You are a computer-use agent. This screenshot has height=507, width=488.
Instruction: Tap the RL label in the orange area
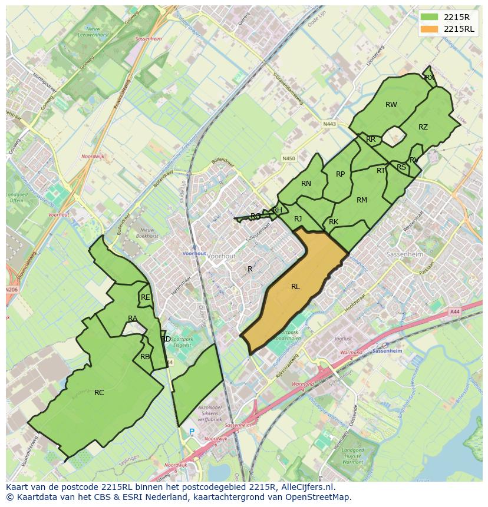(295, 287)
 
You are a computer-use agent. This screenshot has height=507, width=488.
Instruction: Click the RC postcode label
(99, 392)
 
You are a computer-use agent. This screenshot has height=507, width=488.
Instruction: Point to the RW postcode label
(391, 105)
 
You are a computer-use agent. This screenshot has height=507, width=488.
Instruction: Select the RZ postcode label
(423, 127)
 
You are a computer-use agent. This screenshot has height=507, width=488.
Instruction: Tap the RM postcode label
(362, 200)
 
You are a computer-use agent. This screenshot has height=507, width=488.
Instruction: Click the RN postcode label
(306, 184)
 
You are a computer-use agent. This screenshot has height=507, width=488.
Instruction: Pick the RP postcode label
(340, 174)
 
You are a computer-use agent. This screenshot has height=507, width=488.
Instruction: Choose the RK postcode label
(334, 222)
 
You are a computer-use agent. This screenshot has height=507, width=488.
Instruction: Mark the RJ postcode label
(298, 219)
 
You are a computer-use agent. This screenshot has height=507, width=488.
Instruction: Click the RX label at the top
(429, 77)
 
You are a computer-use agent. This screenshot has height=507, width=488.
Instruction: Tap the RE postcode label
(145, 297)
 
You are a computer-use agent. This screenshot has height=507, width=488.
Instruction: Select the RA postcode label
(133, 319)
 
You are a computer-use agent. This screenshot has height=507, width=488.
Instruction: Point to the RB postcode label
(145, 356)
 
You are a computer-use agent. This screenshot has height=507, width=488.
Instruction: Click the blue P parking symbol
(192, 432)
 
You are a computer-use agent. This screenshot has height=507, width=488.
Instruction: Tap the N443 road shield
(329, 124)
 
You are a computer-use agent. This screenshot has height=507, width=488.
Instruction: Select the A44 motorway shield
(454, 312)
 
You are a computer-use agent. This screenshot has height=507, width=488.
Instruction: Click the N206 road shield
(11, 290)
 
